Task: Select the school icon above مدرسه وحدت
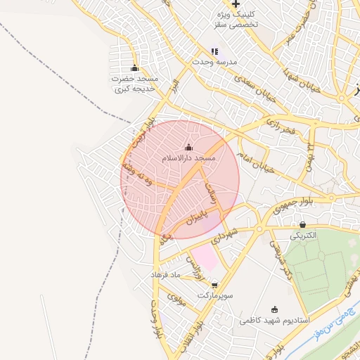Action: coord(214,51)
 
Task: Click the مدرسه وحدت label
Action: coord(215,62)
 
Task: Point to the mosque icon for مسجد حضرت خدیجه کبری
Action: coord(135,68)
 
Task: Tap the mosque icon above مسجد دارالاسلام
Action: coord(188,148)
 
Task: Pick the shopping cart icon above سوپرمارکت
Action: coord(214,285)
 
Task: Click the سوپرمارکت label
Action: coord(214,296)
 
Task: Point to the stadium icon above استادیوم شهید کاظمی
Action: coord(274,309)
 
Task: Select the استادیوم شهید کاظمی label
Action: coord(274,320)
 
